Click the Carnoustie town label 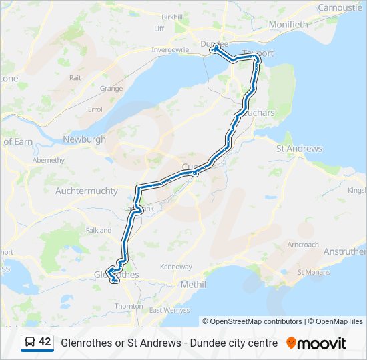click(x=340, y=7)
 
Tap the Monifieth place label click(x=288, y=25)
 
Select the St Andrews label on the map click(x=299, y=149)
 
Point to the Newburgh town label click(x=84, y=139)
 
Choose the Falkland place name click(x=99, y=230)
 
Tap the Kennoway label click(x=175, y=267)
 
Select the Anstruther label click(x=344, y=251)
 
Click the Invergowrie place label click(x=170, y=49)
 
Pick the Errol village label click(x=95, y=109)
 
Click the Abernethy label click(x=49, y=160)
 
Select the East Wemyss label click(x=165, y=311)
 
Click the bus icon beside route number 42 click(x=30, y=342)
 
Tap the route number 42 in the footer click(x=45, y=342)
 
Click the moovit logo click(x=316, y=343)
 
